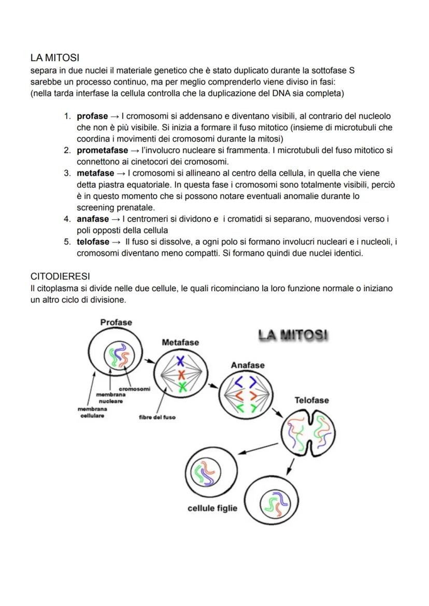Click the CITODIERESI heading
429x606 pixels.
tap(61, 276)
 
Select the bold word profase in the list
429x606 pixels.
tap(92, 116)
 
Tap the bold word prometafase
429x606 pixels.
tap(102, 150)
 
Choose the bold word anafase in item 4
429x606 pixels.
tap(93, 219)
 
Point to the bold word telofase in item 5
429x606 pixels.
tap(93, 242)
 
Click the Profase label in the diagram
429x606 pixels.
tap(116, 322)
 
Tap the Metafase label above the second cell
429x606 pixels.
tap(180, 343)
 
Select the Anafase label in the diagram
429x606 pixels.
tap(247, 365)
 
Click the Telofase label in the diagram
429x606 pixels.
tap(311, 400)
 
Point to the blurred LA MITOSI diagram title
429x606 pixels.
tap(293, 335)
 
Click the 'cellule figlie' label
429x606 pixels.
tap(212, 508)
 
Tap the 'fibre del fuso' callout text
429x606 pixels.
tap(157, 417)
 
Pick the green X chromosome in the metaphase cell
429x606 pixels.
tap(182, 387)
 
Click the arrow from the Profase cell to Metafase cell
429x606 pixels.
tap(149, 360)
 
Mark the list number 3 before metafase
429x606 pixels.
tap(67, 173)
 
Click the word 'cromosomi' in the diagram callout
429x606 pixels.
tap(135, 389)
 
